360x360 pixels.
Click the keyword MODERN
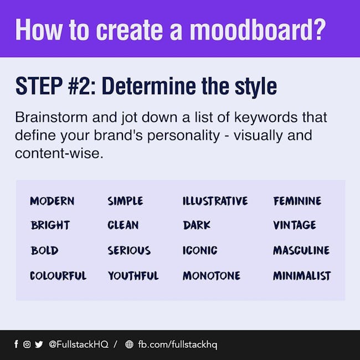(x=52, y=201)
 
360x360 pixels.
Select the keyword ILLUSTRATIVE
(x=215, y=201)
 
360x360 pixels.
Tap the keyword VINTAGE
(x=295, y=225)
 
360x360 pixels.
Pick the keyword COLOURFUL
(x=58, y=275)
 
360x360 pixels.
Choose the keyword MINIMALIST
(x=302, y=275)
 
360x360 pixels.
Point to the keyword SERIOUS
(x=129, y=250)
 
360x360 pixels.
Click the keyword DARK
(x=197, y=225)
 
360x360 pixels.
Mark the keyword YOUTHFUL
(x=133, y=275)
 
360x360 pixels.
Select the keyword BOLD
(x=44, y=250)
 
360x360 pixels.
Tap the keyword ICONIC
(x=200, y=250)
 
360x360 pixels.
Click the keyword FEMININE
(x=297, y=201)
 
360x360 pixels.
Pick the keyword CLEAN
(x=123, y=225)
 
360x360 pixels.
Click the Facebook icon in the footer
(x=16, y=344)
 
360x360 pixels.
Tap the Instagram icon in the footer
(x=27, y=344)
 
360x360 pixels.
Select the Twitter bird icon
(x=39, y=344)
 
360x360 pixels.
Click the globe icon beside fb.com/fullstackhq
(x=129, y=344)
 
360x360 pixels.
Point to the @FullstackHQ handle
(x=79, y=344)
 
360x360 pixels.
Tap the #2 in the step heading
(x=82, y=86)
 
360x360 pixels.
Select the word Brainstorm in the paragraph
(x=51, y=117)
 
